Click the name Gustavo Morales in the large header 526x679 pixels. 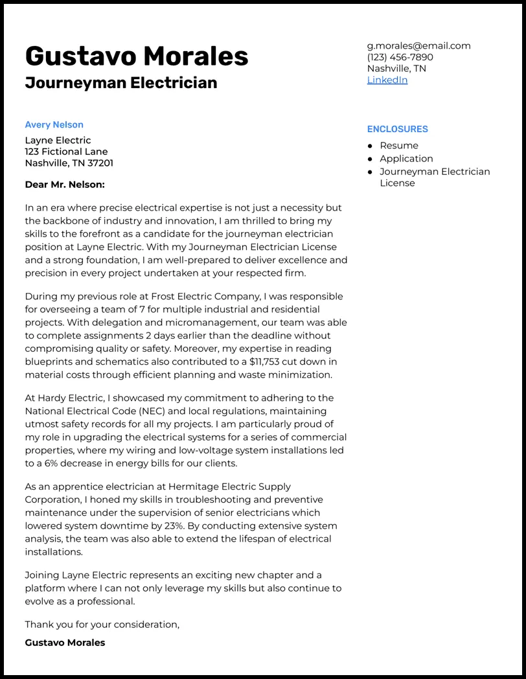pyautogui.click(x=137, y=56)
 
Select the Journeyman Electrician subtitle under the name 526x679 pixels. pyautogui.click(x=121, y=83)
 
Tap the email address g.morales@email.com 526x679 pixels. pyautogui.click(x=418, y=46)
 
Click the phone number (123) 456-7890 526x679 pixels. pyautogui.click(x=400, y=57)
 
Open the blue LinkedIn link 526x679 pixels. pyautogui.click(x=387, y=80)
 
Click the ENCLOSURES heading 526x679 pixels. pyautogui.click(x=397, y=129)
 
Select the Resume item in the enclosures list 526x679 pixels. pyautogui.click(x=399, y=146)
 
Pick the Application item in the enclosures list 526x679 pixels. pyautogui.click(x=406, y=159)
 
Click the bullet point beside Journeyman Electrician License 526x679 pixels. pyautogui.click(x=370, y=172)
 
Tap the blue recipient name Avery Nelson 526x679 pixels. pyautogui.click(x=54, y=124)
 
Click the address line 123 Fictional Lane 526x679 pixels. pyautogui.click(x=66, y=152)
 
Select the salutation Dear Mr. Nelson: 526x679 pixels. pyautogui.click(x=65, y=185)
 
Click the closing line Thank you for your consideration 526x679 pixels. pyautogui.click(x=102, y=625)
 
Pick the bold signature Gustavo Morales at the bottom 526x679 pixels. pyautogui.click(x=65, y=643)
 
